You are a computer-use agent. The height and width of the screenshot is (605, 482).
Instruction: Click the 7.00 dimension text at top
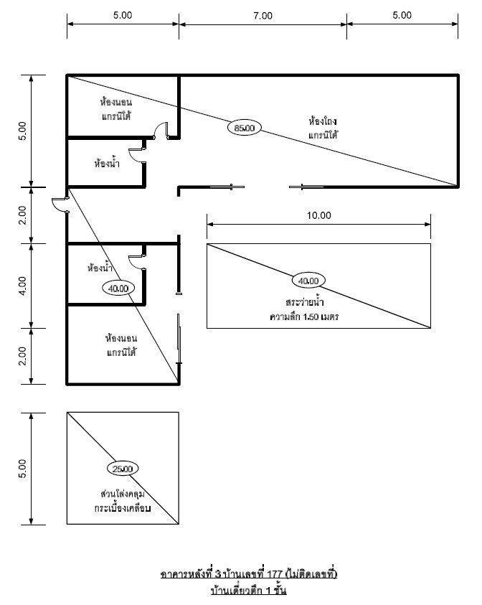tap(263, 16)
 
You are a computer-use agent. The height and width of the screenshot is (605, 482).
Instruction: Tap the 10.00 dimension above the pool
tap(319, 215)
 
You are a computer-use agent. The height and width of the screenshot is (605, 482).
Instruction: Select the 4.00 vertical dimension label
tap(23, 286)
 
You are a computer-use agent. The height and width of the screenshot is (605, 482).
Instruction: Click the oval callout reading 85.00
tap(244, 128)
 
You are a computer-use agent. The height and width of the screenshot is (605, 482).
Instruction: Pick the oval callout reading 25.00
tap(123, 469)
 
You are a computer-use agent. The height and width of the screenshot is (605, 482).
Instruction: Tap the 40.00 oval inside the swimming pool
tap(308, 281)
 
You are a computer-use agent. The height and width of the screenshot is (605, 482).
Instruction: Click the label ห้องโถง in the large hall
tap(323, 121)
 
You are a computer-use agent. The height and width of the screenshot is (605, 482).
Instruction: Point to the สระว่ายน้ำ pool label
tap(305, 301)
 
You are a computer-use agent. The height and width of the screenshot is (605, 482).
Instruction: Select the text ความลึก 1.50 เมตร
tap(304, 316)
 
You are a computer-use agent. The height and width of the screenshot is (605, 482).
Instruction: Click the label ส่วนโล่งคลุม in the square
tap(122, 494)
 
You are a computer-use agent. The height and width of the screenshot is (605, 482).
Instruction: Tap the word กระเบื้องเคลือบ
tap(123, 508)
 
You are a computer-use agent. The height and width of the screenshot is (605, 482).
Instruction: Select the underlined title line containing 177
tap(249, 574)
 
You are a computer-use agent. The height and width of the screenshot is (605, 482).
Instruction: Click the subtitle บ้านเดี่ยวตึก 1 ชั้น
tap(249, 591)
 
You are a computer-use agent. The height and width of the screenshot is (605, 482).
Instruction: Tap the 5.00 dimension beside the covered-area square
tap(23, 469)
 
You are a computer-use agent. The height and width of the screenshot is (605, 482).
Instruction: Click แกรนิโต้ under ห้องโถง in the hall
tap(323, 135)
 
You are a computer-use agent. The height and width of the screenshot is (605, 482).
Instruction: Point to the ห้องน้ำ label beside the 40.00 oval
tap(100, 268)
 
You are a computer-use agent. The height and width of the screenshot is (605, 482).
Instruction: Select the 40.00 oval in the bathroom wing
tap(118, 289)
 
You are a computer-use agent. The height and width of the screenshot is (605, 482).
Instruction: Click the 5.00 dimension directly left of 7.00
tap(123, 16)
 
